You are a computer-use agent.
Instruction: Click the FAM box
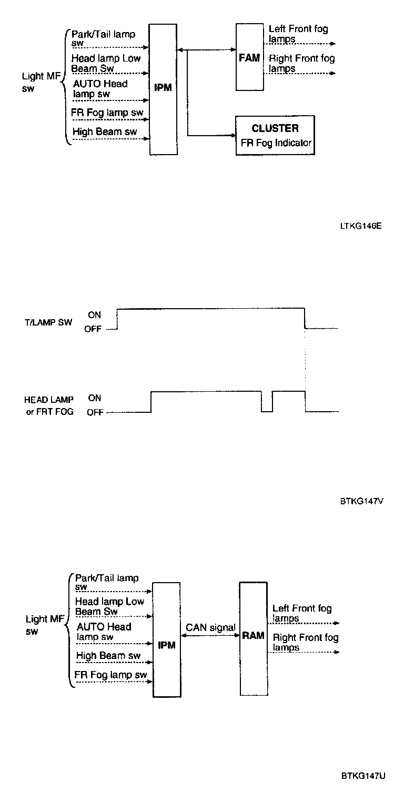[249, 57]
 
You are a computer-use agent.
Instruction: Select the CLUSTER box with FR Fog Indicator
[275, 135]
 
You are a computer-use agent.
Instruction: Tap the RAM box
[253, 638]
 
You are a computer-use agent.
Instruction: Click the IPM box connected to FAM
[163, 88]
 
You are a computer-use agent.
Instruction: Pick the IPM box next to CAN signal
[166, 639]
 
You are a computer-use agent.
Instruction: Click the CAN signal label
[210, 628]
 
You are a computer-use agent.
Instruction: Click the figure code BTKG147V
[361, 501]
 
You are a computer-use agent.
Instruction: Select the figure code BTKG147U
[363, 776]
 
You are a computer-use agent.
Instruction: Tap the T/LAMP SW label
[48, 322]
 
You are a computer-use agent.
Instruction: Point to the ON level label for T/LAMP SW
[95, 315]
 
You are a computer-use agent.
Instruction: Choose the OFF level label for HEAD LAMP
[95, 413]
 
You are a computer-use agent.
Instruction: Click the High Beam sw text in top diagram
[105, 131]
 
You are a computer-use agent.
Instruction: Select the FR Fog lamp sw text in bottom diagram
[110, 675]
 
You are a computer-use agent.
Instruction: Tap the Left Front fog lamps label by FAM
[298, 34]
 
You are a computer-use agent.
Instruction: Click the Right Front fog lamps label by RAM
[306, 642]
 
